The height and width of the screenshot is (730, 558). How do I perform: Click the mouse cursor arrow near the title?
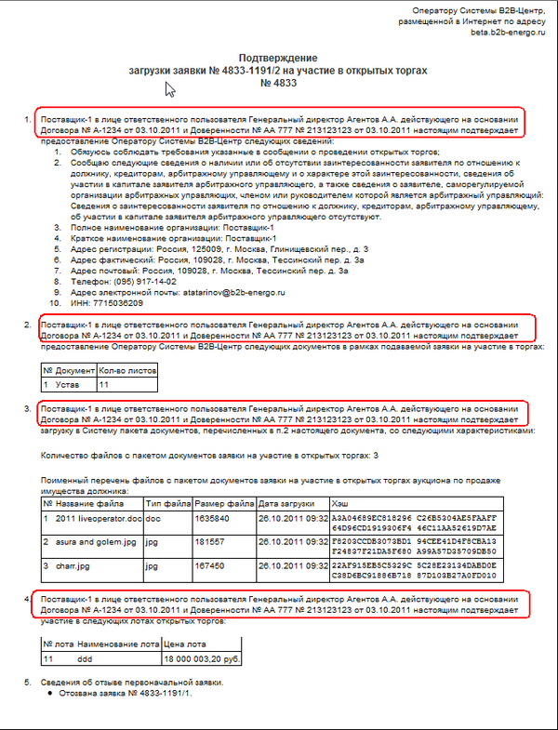click(x=170, y=89)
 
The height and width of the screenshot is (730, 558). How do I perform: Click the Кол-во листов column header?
click(x=127, y=369)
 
